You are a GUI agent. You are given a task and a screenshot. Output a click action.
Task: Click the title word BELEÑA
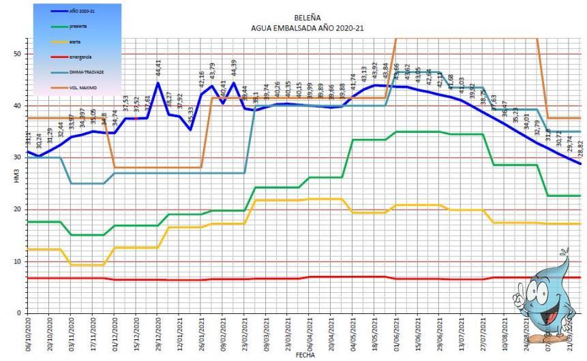point(303,19)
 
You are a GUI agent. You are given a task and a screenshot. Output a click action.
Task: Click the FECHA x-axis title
point(304,356)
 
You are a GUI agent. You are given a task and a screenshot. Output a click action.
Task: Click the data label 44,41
point(159,69)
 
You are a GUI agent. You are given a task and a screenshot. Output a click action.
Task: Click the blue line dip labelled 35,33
point(190,129)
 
